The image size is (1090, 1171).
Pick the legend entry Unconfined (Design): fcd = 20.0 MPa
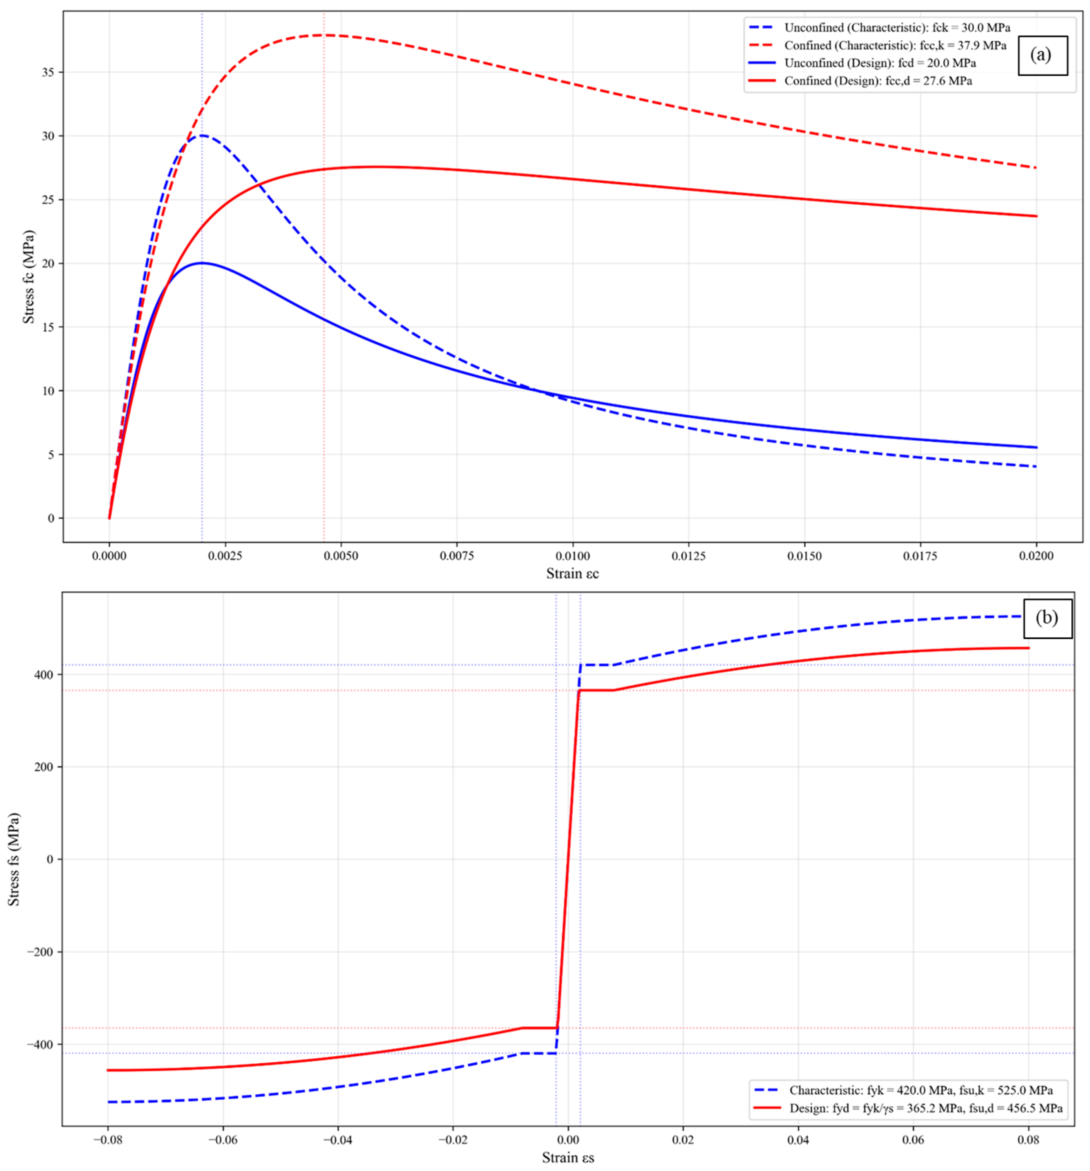(x=861, y=63)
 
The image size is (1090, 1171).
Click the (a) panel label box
(x=1042, y=56)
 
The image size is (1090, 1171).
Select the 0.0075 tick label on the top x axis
(x=457, y=556)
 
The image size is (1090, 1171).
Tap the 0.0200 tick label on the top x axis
(x=1037, y=556)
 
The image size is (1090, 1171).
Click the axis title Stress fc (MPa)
(x=28, y=277)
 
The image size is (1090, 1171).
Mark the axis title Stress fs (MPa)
(x=14, y=859)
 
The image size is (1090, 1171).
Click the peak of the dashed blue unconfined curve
(x=202, y=135)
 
